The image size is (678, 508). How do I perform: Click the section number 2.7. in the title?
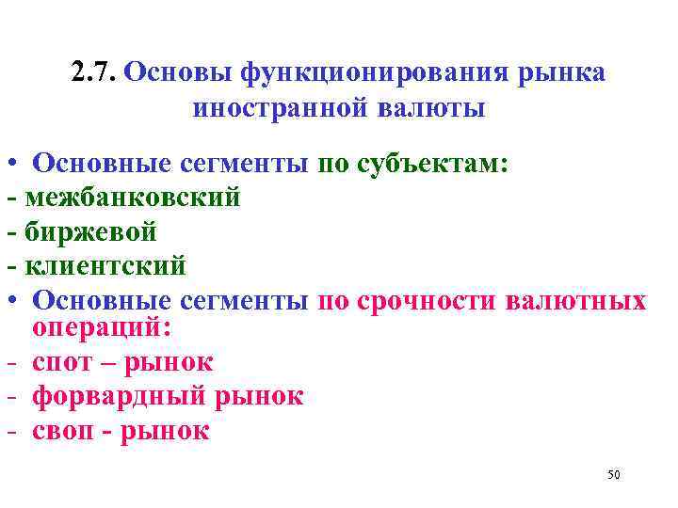94,72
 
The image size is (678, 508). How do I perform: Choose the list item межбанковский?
133,198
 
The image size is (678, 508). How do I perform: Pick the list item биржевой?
91,231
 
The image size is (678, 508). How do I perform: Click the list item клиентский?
105,266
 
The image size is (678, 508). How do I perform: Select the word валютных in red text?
576,301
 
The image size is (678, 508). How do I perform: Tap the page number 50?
613,475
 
